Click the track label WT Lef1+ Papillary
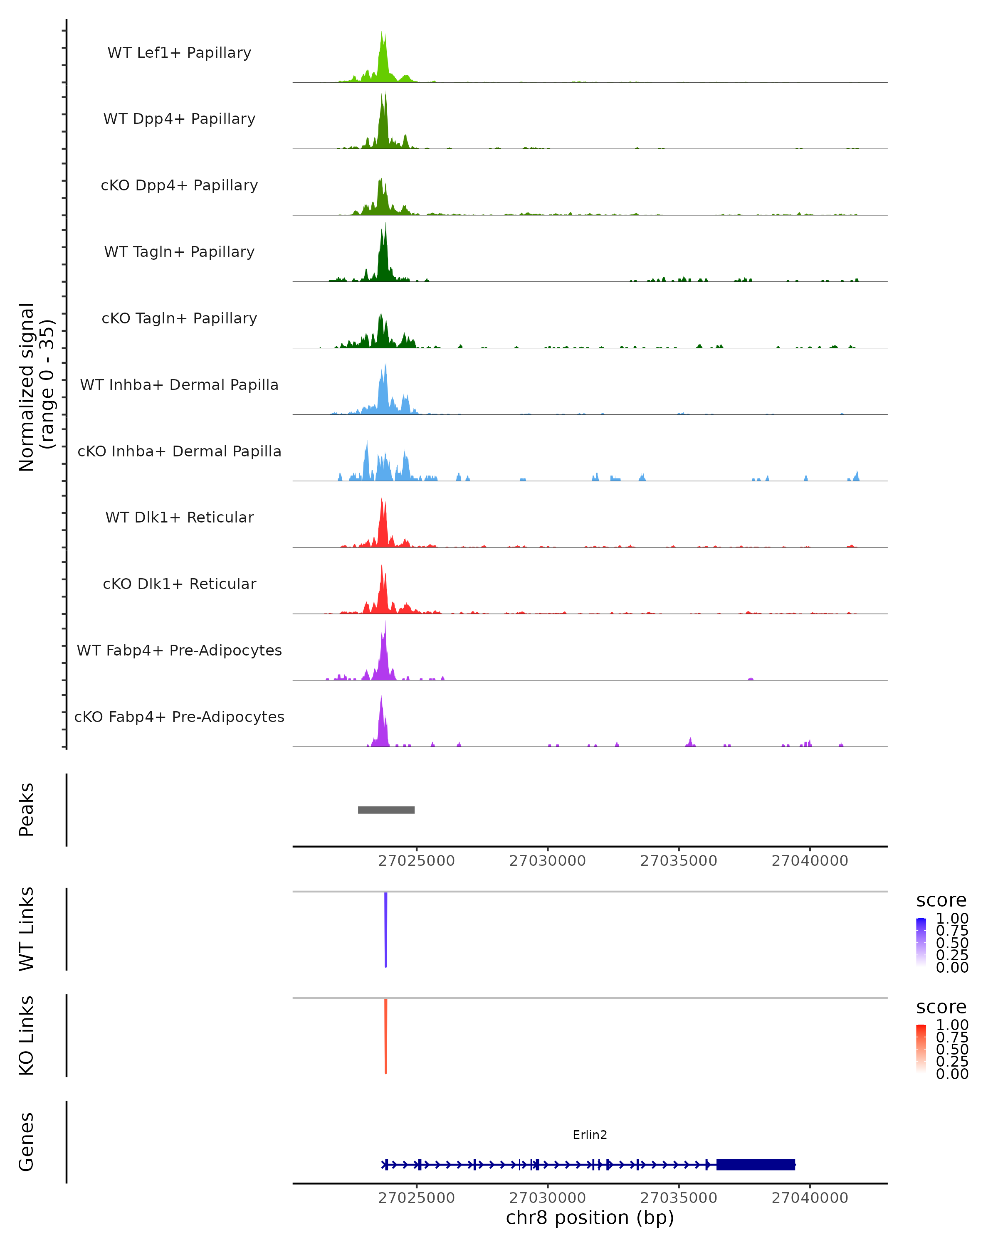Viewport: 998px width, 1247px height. click(x=179, y=53)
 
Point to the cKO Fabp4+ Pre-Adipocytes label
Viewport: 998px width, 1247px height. click(x=179, y=717)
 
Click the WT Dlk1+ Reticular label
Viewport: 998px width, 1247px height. click(x=179, y=517)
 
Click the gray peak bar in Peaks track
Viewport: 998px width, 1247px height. click(x=386, y=810)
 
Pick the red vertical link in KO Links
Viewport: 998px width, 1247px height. click(x=386, y=1036)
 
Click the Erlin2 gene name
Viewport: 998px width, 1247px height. click(x=590, y=1135)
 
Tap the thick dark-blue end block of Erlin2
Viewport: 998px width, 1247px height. click(x=756, y=1165)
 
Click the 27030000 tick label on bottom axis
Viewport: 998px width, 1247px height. click(x=547, y=1198)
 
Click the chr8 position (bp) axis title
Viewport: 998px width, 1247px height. click(x=590, y=1217)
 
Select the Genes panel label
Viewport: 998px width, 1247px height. click(x=26, y=1142)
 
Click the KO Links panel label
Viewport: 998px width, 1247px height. click(x=26, y=1035)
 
